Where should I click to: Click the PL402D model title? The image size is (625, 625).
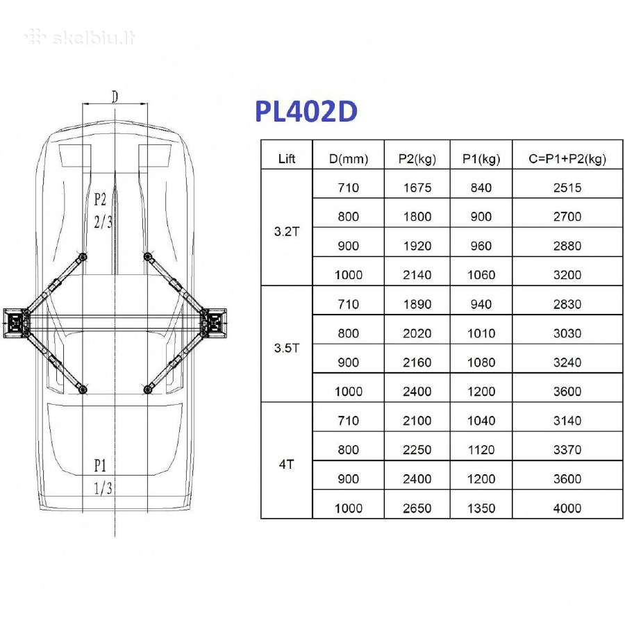tap(306, 111)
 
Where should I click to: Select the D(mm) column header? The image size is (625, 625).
tap(349, 159)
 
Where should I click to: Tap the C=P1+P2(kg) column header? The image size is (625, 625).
tap(567, 159)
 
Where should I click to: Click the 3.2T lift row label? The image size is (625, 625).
tap(287, 231)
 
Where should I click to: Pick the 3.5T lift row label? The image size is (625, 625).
tap(287, 348)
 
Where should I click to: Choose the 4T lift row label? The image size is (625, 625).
tap(287, 465)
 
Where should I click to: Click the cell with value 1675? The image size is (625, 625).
tap(417, 187)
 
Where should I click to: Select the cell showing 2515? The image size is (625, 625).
tap(567, 187)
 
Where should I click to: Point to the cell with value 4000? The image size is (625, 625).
tap(567, 508)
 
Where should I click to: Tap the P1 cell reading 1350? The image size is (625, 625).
tap(481, 508)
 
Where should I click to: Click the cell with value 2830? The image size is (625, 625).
tap(567, 304)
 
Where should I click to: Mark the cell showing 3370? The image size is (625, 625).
tap(567, 449)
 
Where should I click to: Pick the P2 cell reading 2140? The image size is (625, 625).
tap(417, 274)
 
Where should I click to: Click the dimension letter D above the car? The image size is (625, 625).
tap(115, 97)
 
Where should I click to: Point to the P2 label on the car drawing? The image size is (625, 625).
tap(100, 199)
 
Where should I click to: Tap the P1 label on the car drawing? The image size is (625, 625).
tap(100, 465)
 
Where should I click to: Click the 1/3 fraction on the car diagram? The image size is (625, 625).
tap(103, 488)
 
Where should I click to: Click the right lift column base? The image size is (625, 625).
tap(214, 323)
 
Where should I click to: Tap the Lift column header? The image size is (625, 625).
tap(287, 159)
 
